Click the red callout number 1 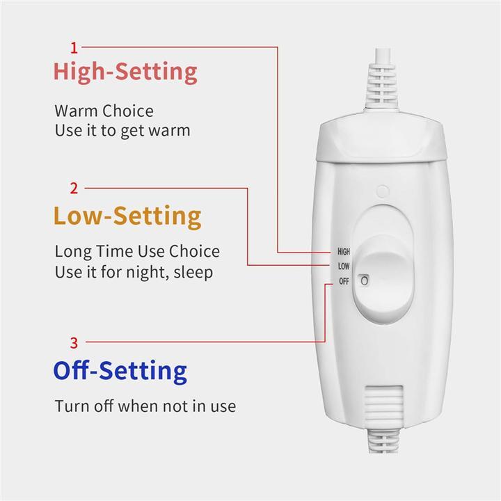(74, 48)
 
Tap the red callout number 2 (74, 189)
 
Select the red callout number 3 (74, 343)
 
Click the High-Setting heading (125, 72)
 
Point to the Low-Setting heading (127, 216)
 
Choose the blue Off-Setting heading (120, 371)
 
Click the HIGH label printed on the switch (344, 252)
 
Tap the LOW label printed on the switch (344, 266)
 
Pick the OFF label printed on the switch (344, 282)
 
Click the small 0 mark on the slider (364, 280)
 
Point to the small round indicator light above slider (383, 191)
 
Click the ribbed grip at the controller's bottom (383, 406)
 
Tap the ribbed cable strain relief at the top (382, 85)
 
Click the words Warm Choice (104, 111)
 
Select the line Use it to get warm (122, 130)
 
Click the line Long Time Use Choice (137, 251)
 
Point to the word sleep (193, 272)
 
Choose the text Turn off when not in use (145, 406)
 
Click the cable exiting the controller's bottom (383, 440)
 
